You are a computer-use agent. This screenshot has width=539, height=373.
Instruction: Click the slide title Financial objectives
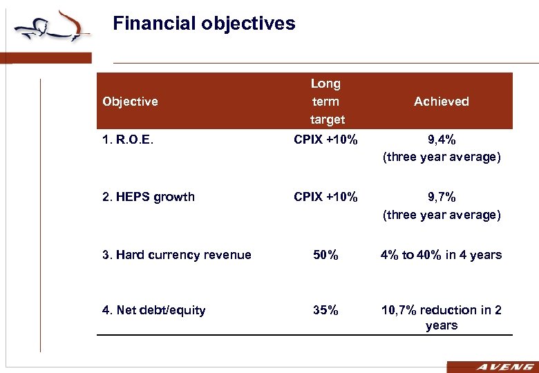point(204,24)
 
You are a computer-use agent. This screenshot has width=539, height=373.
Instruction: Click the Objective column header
point(130,102)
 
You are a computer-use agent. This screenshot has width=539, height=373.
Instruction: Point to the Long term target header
point(325,102)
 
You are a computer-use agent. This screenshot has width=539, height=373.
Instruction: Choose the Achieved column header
point(441,102)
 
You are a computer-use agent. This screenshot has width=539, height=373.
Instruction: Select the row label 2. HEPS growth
point(149,197)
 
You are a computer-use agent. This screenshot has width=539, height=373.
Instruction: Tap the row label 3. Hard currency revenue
point(177,255)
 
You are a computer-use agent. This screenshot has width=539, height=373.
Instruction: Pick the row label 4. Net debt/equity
point(154,310)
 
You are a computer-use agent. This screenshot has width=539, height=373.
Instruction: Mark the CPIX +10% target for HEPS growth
point(325,197)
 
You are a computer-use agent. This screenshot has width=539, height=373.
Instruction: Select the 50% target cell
point(325,255)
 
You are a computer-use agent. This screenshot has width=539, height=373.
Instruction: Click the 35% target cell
point(325,310)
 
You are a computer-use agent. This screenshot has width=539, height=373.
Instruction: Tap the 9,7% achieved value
point(442,197)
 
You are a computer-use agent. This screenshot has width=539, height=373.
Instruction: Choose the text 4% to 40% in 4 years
point(442,255)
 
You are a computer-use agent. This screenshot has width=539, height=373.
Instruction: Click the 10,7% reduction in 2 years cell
point(442,318)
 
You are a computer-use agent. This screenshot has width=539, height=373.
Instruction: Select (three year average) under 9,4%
point(442,157)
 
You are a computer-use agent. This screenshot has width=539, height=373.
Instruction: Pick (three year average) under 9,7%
point(442,215)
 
